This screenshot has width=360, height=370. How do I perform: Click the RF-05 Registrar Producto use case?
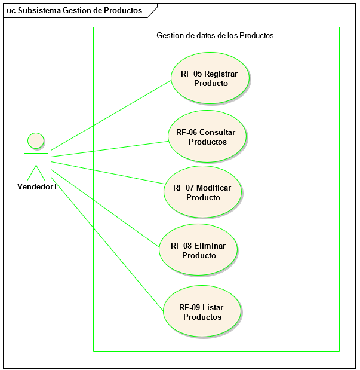tap(209, 78)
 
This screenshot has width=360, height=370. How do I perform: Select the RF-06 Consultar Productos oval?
tap(207, 136)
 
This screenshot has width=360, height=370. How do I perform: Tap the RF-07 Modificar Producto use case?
tap(202, 192)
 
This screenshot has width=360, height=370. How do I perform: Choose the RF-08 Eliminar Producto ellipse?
tap(198, 250)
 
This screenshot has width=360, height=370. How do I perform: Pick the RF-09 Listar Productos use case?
tap(202, 311)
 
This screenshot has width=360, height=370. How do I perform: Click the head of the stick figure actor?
tap(36, 140)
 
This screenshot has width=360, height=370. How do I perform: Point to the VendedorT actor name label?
tap(37, 186)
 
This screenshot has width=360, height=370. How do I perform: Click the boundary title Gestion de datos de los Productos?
tap(215, 35)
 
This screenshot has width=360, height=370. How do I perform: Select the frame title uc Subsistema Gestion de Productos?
tap(75, 10)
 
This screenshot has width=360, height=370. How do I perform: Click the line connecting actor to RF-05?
tap(110, 115)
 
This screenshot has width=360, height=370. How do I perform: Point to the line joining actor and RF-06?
tap(110, 149)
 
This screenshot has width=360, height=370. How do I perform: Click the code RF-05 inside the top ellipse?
tap(191, 74)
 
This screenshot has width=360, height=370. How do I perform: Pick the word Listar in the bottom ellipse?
tap(213, 307)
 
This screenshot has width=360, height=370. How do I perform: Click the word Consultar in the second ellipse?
tap(217, 132)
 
